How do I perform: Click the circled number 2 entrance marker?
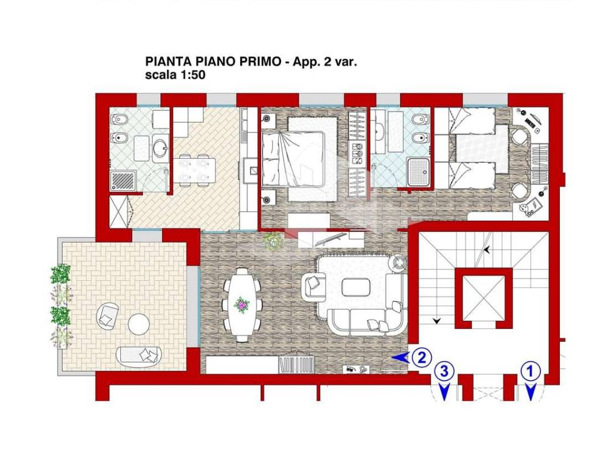(422, 358)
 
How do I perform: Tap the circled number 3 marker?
(444, 371)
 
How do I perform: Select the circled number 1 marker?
(531, 371)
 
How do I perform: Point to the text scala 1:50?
(175, 75)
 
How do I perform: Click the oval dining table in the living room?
(242, 305)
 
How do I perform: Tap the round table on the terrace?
(139, 324)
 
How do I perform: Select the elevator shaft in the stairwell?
(484, 298)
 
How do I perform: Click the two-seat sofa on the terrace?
(139, 356)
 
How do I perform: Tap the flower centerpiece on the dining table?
(242, 305)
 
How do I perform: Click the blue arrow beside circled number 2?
(401, 358)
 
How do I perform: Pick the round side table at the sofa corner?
(399, 262)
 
